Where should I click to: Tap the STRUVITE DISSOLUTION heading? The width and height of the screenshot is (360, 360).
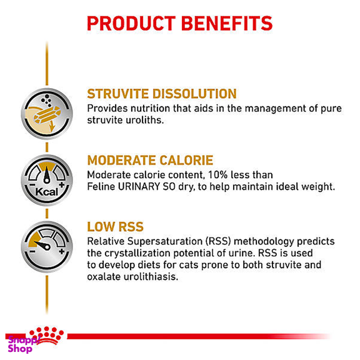(x=162, y=94)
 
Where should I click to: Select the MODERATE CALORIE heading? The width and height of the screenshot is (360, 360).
(x=150, y=160)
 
